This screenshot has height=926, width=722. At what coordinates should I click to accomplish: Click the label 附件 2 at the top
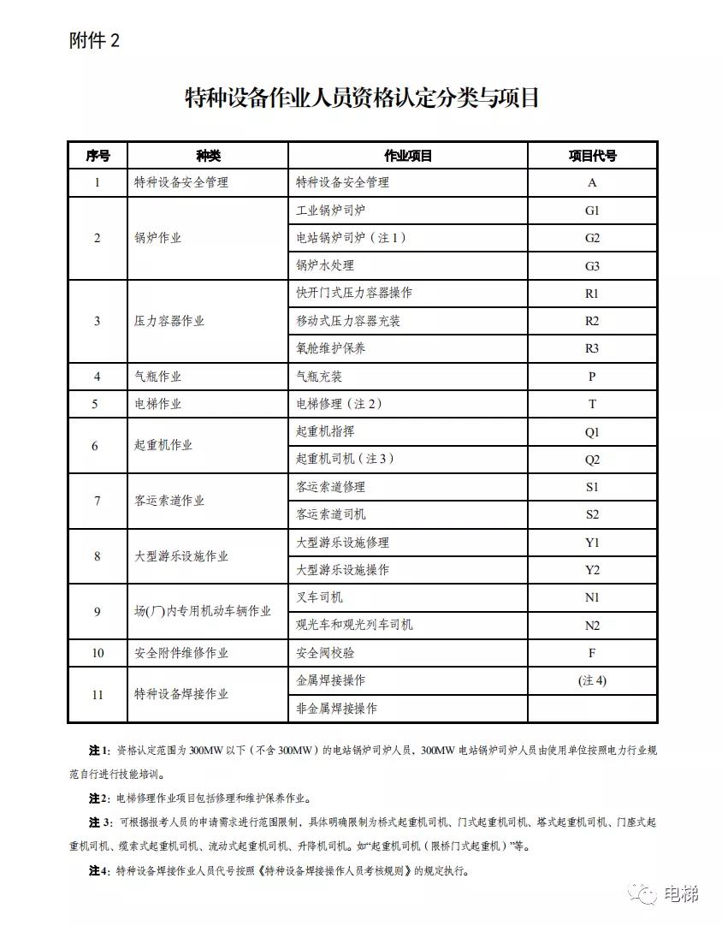tap(94, 41)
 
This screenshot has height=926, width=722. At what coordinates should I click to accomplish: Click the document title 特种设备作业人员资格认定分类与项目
tap(362, 98)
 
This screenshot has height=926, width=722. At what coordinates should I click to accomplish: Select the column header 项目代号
tap(592, 155)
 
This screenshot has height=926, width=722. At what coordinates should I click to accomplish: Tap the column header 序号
tap(98, 155)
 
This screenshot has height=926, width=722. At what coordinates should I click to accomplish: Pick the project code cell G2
tap(592, 238)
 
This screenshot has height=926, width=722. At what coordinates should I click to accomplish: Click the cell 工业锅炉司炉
tap(330, 210)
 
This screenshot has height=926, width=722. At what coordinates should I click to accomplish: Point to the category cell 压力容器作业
tap(169, 321)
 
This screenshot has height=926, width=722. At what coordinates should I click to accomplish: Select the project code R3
tap(592, 348)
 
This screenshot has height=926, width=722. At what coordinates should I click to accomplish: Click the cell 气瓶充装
tap(319, 377)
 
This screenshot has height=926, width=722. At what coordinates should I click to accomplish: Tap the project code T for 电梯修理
tap(592, 404)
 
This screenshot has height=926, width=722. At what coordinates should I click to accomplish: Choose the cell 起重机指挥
tap(324, 431)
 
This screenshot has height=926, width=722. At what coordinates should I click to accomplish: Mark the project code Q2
tap(592, 460)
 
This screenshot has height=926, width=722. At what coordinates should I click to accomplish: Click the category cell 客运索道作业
tap(169, 501)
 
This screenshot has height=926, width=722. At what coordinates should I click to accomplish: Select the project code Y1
tap(592, 543)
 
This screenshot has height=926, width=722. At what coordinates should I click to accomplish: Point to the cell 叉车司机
tap(319, 597)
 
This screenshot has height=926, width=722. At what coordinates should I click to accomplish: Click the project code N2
tap(592, 626)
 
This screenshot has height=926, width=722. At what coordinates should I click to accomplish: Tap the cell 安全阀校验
tap(324, 653)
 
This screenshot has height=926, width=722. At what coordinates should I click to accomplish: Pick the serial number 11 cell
tap(98, 694)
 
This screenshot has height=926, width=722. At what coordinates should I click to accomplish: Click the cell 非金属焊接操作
tap(336, 709)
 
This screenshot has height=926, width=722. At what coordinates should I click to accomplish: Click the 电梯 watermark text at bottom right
tap(682, 894)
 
